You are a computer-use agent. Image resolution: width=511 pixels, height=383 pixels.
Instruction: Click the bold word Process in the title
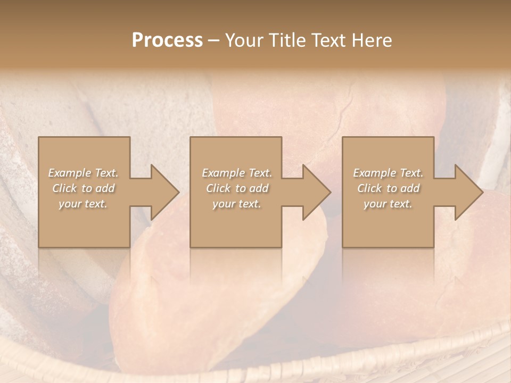coord(167,40)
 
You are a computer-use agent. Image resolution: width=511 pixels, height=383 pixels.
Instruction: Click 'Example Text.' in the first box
coord(83,173)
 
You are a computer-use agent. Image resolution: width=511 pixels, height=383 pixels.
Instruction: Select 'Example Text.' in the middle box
coord(237,173)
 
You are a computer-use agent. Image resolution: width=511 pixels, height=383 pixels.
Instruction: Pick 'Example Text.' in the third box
coord(388,173)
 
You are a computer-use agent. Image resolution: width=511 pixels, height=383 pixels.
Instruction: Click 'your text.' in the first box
coord(83,204)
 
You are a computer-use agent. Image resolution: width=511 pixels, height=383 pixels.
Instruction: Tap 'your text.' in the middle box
coord(237,204)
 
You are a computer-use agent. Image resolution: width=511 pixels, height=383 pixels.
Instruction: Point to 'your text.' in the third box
coord(388,204)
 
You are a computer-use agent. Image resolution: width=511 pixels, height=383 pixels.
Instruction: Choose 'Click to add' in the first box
coord(83,188)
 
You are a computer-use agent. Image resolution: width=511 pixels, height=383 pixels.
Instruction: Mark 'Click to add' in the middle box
coord(237,188)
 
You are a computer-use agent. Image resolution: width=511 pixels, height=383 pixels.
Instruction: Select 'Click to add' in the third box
coord(388,188)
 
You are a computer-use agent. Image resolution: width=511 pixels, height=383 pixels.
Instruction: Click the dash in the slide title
coord(213,40)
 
